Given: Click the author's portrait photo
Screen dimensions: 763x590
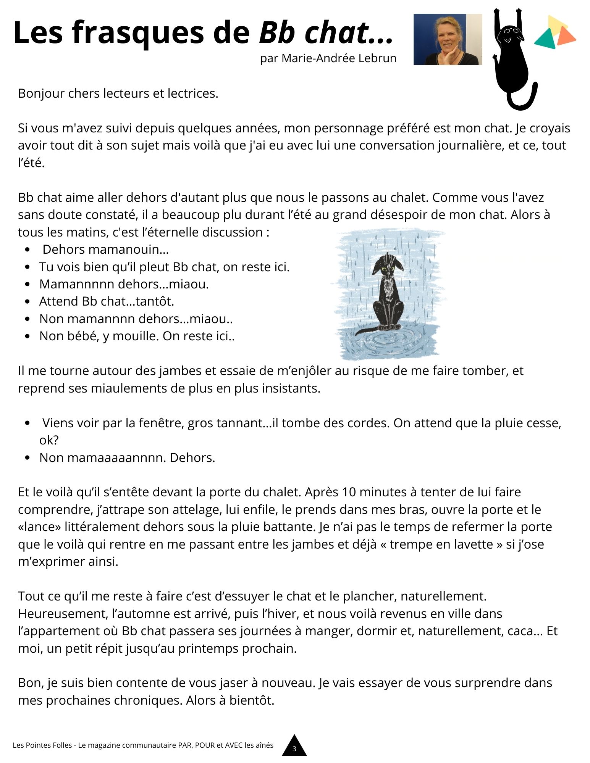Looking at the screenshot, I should (447, 39).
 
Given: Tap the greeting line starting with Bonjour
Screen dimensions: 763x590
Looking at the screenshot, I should (118, 93).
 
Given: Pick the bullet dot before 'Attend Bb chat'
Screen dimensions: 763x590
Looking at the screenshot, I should (27, 302).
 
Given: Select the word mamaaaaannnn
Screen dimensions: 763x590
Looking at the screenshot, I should (116, 458).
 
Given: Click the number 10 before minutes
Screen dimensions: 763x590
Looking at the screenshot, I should (349, 493).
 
